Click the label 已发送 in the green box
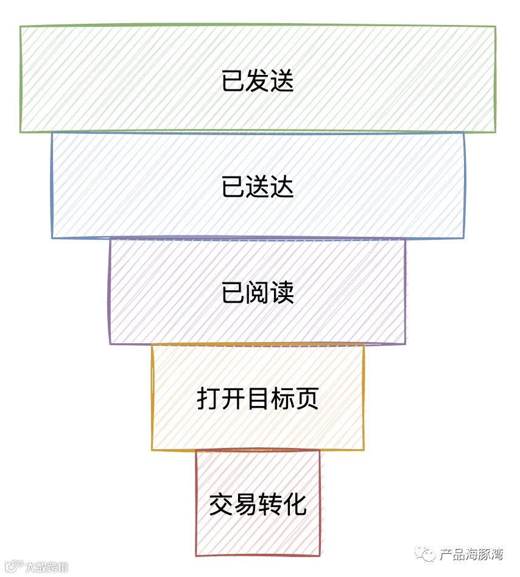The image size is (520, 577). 258,81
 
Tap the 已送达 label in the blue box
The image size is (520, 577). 258,187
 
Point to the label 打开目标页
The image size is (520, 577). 258,399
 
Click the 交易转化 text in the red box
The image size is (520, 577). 258,505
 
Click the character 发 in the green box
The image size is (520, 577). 258,81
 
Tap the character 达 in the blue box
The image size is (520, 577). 282,187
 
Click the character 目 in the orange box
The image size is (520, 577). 258,399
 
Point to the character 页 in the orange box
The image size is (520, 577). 307,399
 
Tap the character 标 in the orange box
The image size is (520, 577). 283,399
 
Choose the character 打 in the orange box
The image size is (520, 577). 209,399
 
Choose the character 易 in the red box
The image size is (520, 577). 245,505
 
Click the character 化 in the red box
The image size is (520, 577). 295,505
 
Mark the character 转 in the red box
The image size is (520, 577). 270,505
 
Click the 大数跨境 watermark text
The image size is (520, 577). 46,567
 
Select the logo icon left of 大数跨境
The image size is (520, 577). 13,566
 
